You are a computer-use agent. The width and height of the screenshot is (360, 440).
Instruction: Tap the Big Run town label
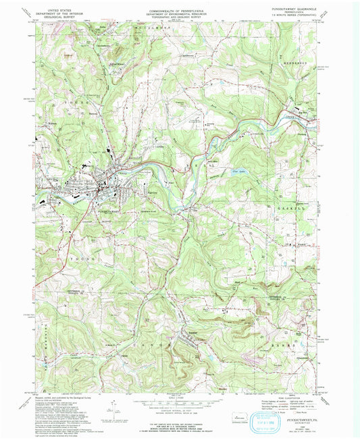point(299,111)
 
